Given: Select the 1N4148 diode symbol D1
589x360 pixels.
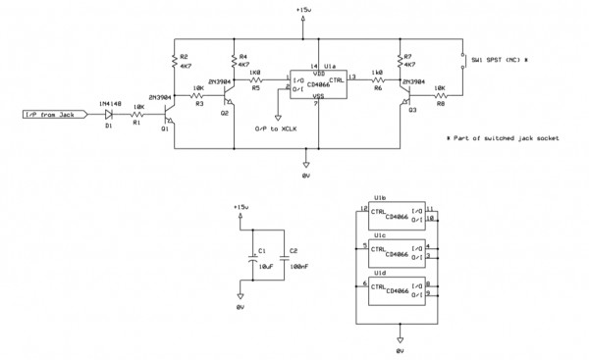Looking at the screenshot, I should [109, 115].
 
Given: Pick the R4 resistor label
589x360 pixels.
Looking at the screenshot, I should [243, 57].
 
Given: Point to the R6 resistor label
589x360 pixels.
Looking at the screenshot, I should [378, 87].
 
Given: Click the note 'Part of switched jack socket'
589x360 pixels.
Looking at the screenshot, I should [502, 138].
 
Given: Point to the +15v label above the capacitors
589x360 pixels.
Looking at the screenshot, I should [241, 208].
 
